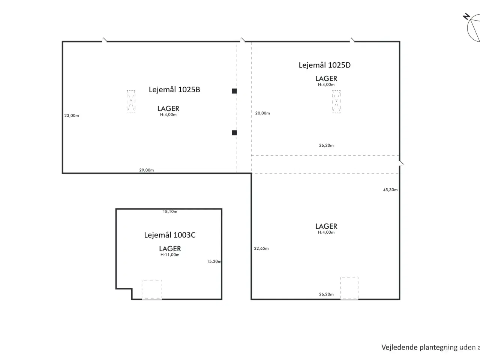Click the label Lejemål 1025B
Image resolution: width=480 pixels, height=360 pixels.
(x=174, y=90)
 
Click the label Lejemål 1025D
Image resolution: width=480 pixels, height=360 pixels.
(x=324, y=65)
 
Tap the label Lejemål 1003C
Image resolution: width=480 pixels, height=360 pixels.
(x=169, y=235)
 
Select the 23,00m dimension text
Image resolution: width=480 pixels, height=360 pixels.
(x=72, y=115)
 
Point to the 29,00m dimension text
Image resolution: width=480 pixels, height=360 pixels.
(x=146, y=170)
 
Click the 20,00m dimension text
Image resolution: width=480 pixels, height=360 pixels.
(x=262, y=113)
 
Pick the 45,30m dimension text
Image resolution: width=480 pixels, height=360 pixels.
(x=390, y=190)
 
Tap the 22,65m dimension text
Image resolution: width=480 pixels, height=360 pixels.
(x=261, y=248)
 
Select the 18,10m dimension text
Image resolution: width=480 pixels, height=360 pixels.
(x=170, y=211)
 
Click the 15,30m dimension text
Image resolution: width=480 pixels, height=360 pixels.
(x=214, y=261)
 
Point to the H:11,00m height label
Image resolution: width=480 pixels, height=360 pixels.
(x=170, y=255)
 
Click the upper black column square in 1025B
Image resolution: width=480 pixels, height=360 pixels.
(x=234, y=91)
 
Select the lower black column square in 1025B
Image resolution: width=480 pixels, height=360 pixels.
(x=234, y=133)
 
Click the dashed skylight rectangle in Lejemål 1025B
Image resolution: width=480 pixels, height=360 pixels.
(x=131, y=102)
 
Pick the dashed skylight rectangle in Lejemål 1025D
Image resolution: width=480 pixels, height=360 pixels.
(x=336, y=102)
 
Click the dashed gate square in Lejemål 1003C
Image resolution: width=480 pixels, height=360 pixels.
(x=152, y=289)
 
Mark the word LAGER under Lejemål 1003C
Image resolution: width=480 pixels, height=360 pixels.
(x=170, y=248)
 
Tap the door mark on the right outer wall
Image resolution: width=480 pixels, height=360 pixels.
(x=401, y=163)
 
